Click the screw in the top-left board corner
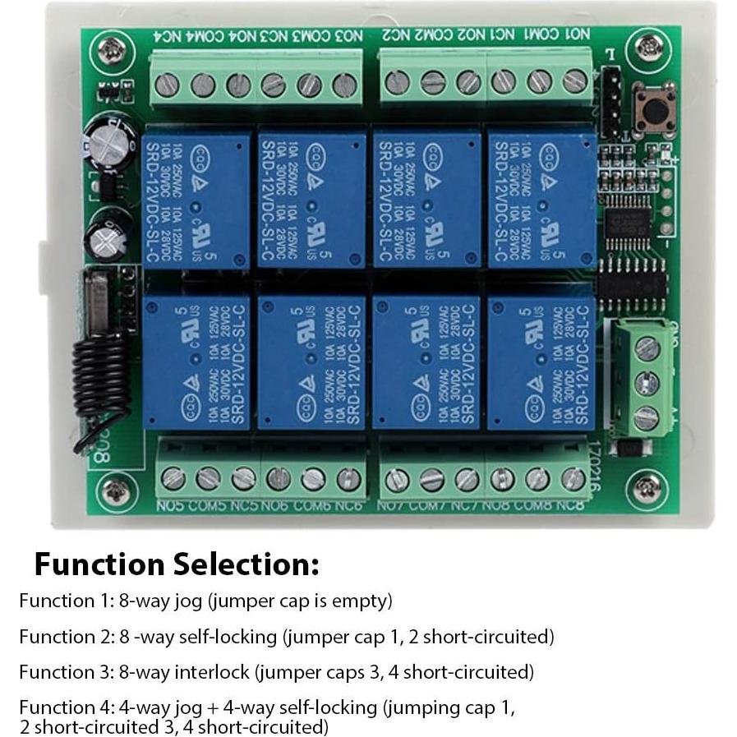112,51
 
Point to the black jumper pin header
610,102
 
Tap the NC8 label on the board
569,505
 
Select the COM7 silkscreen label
428,505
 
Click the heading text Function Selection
176,564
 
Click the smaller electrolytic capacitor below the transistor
111,233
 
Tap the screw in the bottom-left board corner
112,491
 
